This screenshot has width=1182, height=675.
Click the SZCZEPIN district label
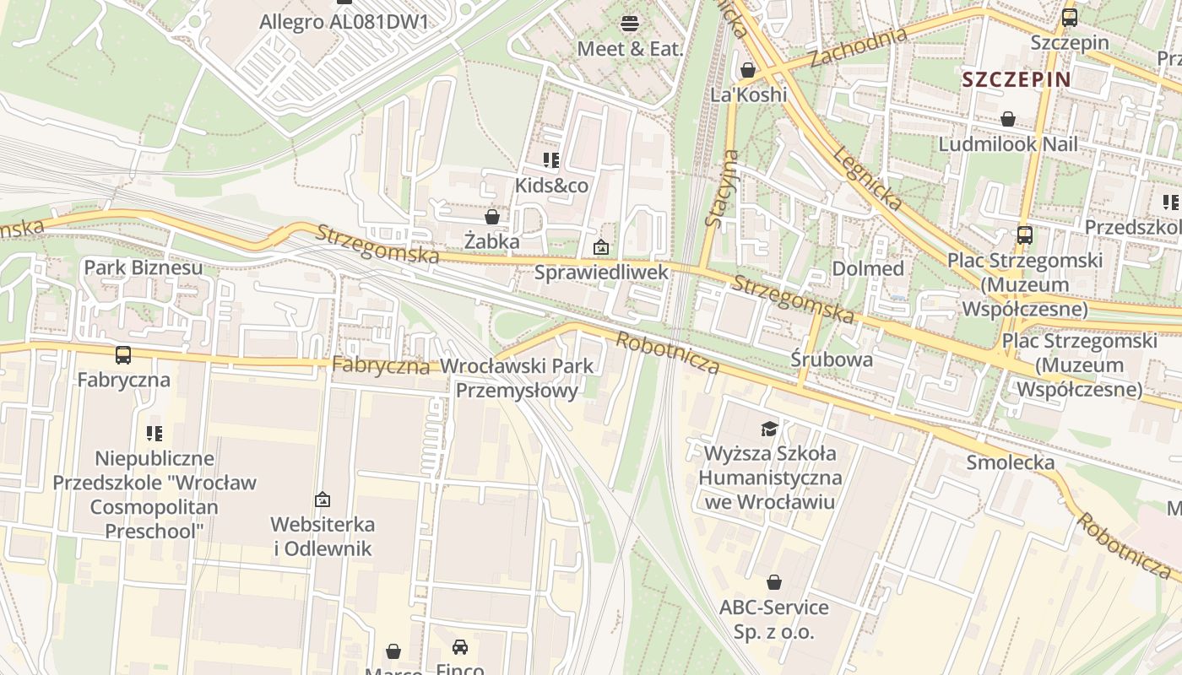(1016, 80)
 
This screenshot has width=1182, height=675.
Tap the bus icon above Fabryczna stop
(123, 355)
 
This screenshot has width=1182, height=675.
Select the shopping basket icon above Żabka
(492, 217)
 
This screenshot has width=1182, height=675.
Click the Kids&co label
(551, 185)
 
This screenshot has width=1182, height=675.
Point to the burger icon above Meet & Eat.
(629, 23)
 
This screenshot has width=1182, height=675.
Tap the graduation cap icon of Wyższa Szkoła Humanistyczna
(768, 429)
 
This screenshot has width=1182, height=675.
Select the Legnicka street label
(867, 177)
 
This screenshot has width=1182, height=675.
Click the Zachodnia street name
(858, 47)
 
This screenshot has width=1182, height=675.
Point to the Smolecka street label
(1010, 462)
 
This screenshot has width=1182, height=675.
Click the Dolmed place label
(867, 268)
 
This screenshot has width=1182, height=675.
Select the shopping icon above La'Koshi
(748, 70)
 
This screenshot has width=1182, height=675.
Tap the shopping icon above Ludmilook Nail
(1007, 119)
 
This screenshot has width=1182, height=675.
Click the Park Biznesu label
(143, 268)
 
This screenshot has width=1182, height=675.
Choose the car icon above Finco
(459, 647)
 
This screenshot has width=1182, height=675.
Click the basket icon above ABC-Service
(773, 582)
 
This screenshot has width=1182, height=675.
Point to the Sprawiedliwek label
(601, 272)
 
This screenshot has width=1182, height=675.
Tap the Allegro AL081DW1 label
(344, 21)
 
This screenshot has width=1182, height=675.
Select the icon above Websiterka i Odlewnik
(322, 499)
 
